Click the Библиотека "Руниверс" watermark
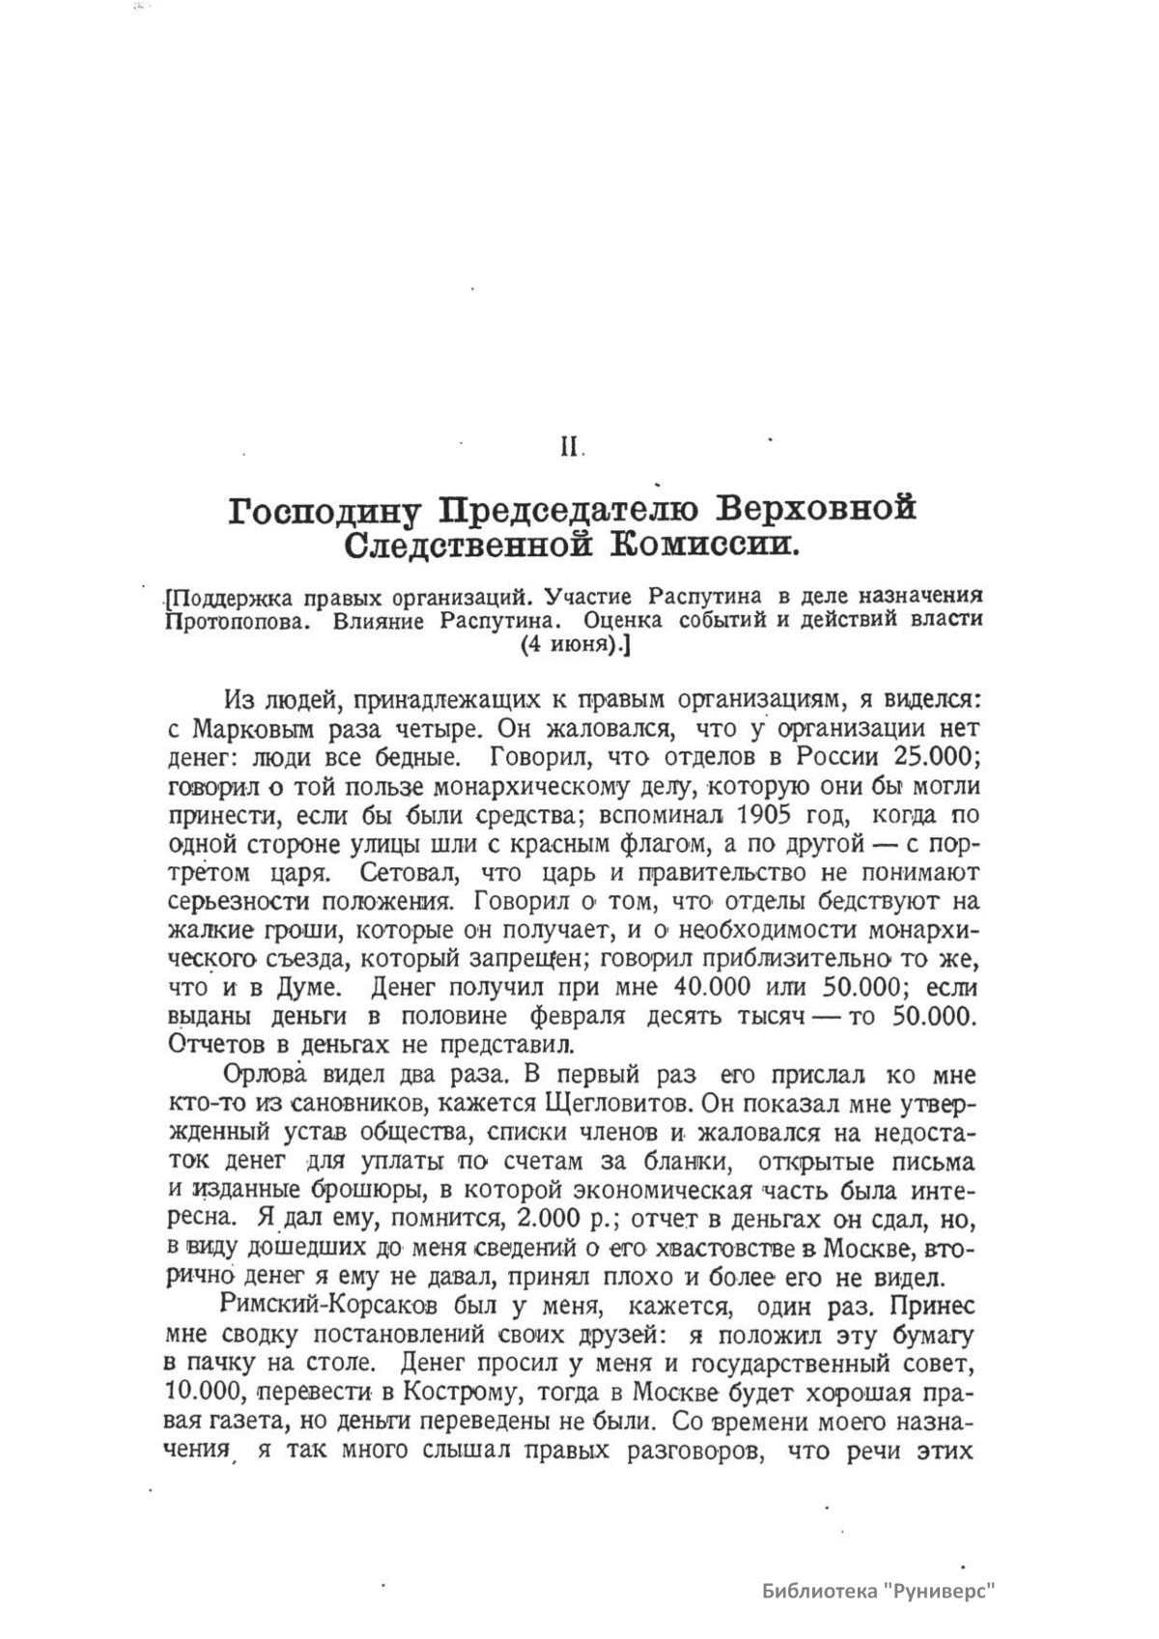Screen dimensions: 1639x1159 pos(879,1590)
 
